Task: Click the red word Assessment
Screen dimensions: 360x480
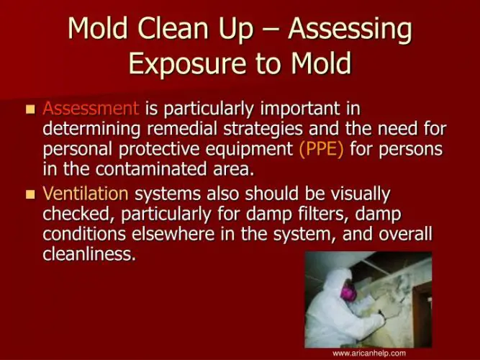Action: pos(91,110)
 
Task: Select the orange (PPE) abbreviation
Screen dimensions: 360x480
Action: pos(322,150)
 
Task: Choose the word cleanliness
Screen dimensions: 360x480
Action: pos(89,254)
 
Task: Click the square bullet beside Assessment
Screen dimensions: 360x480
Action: pos(30,110)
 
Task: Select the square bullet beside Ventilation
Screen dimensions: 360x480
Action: pos(30,194)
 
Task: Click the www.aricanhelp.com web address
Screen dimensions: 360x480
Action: pos(368,353)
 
